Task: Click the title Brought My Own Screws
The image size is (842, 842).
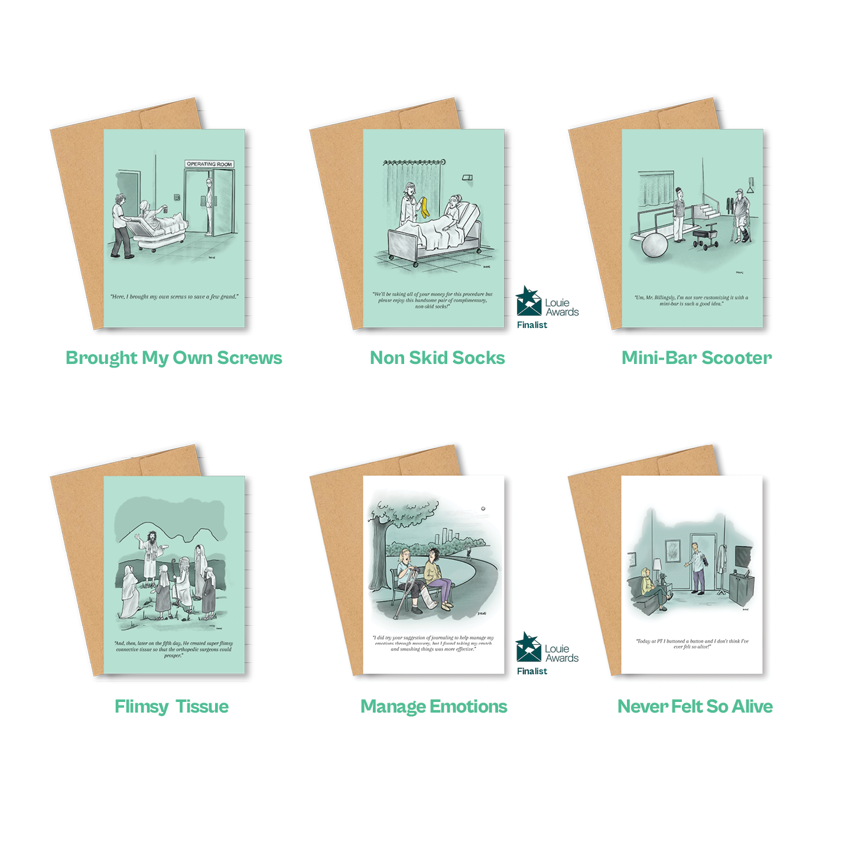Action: pos(174,358)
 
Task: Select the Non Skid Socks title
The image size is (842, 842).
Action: pos(437,358)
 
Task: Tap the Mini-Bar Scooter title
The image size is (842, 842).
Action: pos(697,358)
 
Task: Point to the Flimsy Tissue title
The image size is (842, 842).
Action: pos(171,707)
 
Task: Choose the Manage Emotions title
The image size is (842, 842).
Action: pos(434,707)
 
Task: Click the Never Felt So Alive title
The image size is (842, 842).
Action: pos(695,707)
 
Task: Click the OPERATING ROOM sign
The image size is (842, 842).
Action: pos(209,164)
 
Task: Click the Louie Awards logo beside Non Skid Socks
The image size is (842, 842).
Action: pos(546,303)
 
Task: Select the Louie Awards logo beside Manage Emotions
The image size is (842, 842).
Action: pos(546,648)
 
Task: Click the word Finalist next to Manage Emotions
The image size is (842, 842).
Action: pos(532,671)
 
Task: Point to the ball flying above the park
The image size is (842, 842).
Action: pos(483,508)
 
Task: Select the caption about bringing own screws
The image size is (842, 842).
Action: pos(175,297)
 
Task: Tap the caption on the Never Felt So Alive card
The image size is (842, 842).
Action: pos(692,643)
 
